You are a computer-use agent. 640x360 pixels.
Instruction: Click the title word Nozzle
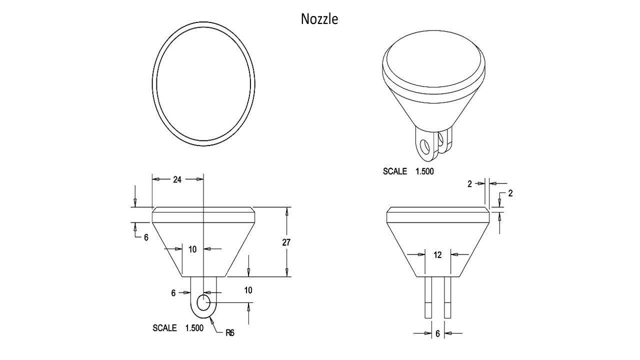pos(319,19)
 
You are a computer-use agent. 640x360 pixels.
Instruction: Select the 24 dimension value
pos(177,179)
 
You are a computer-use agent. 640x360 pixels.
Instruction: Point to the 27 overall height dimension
pos(286,242)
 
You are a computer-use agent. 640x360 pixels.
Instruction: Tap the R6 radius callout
pos(229,332)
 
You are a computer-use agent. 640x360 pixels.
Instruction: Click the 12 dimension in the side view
pos(437,255)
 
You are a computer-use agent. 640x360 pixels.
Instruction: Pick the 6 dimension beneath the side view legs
pos(437,333)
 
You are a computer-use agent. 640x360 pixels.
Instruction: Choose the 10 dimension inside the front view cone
pos(192,249)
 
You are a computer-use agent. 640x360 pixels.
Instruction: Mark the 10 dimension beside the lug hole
pos(248,290)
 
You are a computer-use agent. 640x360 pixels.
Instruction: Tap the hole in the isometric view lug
pos(424,147)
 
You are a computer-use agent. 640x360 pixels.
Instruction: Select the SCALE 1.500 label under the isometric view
pos(408,171)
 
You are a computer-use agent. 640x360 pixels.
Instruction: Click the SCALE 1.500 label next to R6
pos(177,328)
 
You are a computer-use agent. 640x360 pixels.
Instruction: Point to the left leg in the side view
pos(428,297)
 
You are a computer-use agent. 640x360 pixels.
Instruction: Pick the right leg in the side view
pos(447,297)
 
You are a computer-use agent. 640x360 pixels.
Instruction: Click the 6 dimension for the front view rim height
pos(146,237)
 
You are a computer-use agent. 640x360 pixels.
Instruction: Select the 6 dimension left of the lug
pos(173,293)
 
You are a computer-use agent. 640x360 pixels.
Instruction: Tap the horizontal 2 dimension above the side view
pos(470,184)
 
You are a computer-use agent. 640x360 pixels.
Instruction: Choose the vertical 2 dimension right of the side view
pos(510,193)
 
